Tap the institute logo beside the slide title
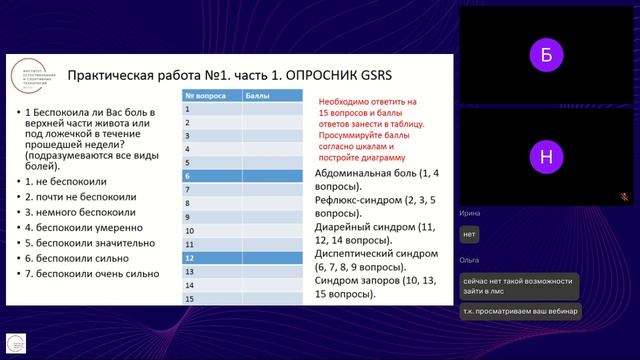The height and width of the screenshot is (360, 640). (x=33, y=76)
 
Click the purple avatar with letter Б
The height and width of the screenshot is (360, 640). (x=545, y=56)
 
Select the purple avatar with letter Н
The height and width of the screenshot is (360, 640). (x=545, y=156)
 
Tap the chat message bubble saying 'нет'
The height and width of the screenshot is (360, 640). (x=469, y=234)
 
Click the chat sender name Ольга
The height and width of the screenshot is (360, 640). (x=468, y=259)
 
